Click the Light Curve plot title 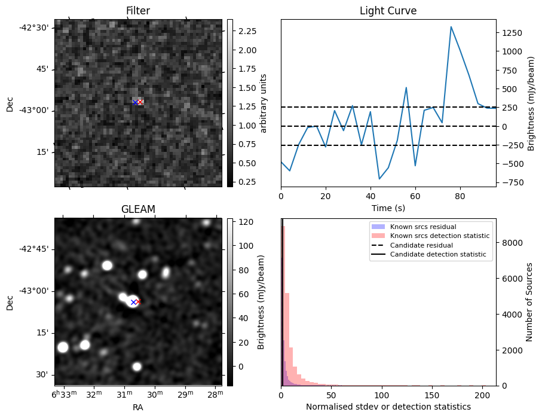click(x=388, y=11)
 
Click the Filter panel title click(x=137, y=11)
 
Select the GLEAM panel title click(x=137, y=209)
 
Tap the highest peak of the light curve click(x=451, y=27)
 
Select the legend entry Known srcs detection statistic click(x=439, y=236)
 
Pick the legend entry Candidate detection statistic click(x=438, y=255)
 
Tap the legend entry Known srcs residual click(x=422, y=227)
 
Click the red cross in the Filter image click(x=140, y=102)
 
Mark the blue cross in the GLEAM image click(x=133, y=303)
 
